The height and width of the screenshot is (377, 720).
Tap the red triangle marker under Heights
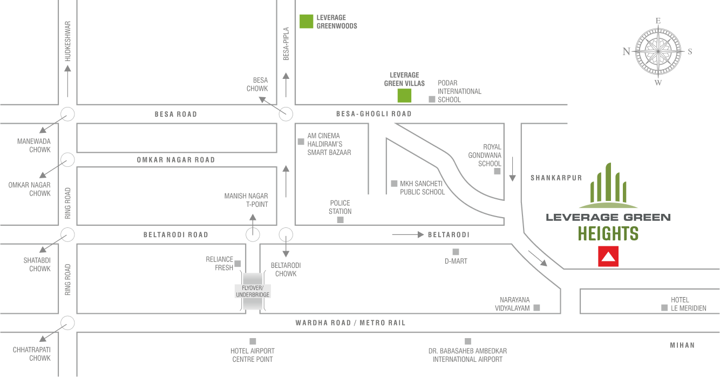point(608,257)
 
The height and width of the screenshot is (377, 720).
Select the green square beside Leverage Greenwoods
point(307,21)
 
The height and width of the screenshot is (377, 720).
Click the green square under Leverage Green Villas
point(404,96)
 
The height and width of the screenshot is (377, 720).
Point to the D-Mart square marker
point(456,252)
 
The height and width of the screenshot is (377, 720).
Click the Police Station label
point(340,207)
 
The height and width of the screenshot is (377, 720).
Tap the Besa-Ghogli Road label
point(373,114)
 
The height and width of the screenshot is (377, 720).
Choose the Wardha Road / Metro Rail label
point(350,323)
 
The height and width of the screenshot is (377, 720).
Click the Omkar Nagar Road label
point(176,160)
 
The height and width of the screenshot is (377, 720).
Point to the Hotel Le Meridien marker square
point(664,308)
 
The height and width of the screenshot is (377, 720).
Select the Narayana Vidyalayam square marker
point(536,308)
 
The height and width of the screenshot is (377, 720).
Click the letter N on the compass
point(626,52)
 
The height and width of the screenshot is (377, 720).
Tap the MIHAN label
point(682,345)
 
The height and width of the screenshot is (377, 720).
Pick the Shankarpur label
point(548,178)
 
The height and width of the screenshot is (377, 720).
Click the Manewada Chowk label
point(33,145)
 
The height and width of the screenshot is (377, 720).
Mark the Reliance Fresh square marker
point(237,264)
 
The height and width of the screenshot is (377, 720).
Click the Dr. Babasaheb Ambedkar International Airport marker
point(468,341)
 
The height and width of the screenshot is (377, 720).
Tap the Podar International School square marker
point(431,99)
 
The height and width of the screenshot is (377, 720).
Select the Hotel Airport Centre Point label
point(252,355)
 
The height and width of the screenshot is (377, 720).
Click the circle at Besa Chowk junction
point(286,114)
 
